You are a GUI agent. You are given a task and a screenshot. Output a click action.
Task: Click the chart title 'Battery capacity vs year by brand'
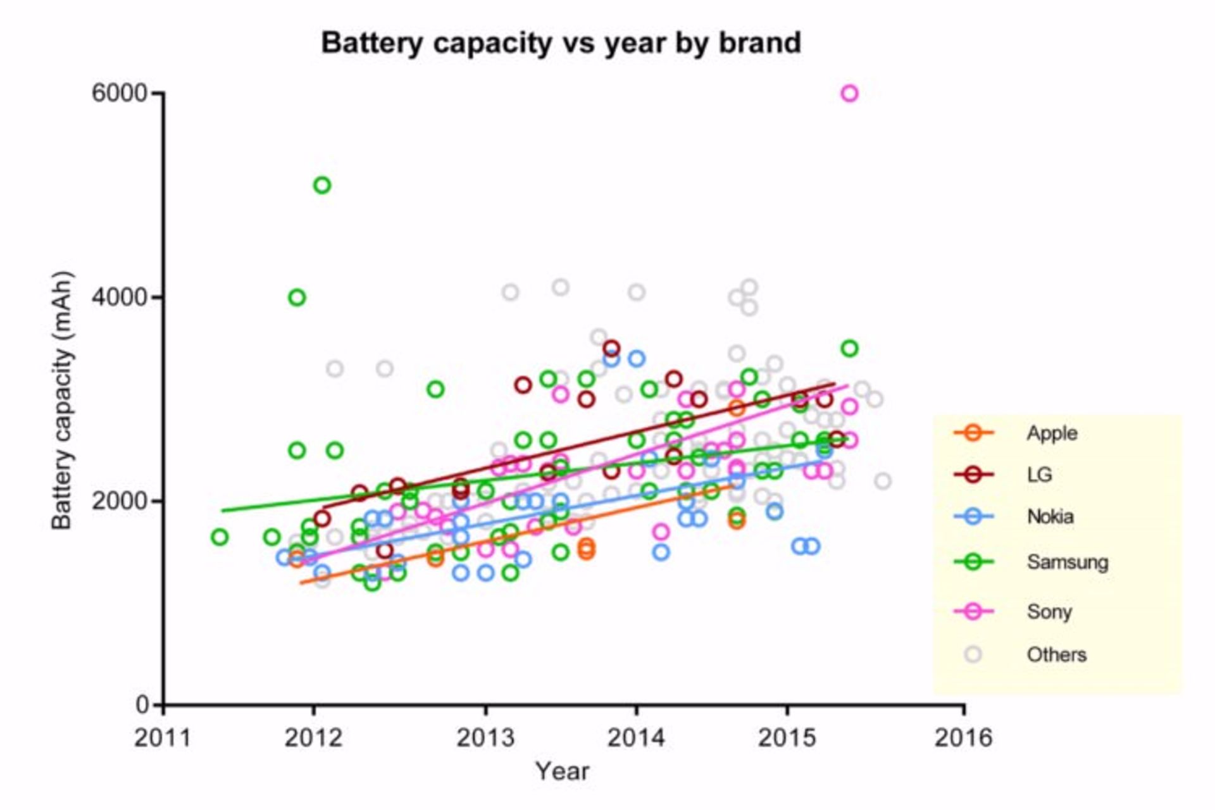click(561, 43)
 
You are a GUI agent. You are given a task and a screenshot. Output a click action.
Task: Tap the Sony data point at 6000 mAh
click(849, 94)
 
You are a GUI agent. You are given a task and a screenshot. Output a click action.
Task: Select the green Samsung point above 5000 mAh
click(322, 185)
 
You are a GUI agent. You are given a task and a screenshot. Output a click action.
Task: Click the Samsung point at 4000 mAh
click(297, 297)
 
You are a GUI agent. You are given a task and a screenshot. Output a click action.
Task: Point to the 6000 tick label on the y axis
click(119, 94)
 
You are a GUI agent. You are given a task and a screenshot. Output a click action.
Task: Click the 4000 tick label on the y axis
click(119, 297)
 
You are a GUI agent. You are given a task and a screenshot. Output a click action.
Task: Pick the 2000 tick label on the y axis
click(119, 501)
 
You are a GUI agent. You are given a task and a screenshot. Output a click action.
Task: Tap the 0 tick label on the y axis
click(142, 704)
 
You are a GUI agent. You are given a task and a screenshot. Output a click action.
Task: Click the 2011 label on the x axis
click(163, 738)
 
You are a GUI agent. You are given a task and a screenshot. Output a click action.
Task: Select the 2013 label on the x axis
click(485, 738)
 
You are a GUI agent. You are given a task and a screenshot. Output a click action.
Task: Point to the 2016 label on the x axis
click(963, 738)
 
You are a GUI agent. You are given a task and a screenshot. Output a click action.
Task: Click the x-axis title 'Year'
click(562, 771)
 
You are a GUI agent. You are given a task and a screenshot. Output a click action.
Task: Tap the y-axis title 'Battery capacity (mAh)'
click(62, 400)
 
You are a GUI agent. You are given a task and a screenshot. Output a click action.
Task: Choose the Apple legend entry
click(1052, 433)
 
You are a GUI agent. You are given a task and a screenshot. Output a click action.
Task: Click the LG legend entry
click(1039, 475)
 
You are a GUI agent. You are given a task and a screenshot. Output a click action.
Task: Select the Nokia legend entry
click(1050, 517)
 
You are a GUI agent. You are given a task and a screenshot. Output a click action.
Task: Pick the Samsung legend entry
click(1067, 562)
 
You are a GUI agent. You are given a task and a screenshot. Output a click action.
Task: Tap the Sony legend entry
click(1049, 612)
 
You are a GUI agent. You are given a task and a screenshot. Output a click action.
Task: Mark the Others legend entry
click(1056, 655)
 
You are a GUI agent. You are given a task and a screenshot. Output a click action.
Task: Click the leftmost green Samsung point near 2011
click(220, 537)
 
